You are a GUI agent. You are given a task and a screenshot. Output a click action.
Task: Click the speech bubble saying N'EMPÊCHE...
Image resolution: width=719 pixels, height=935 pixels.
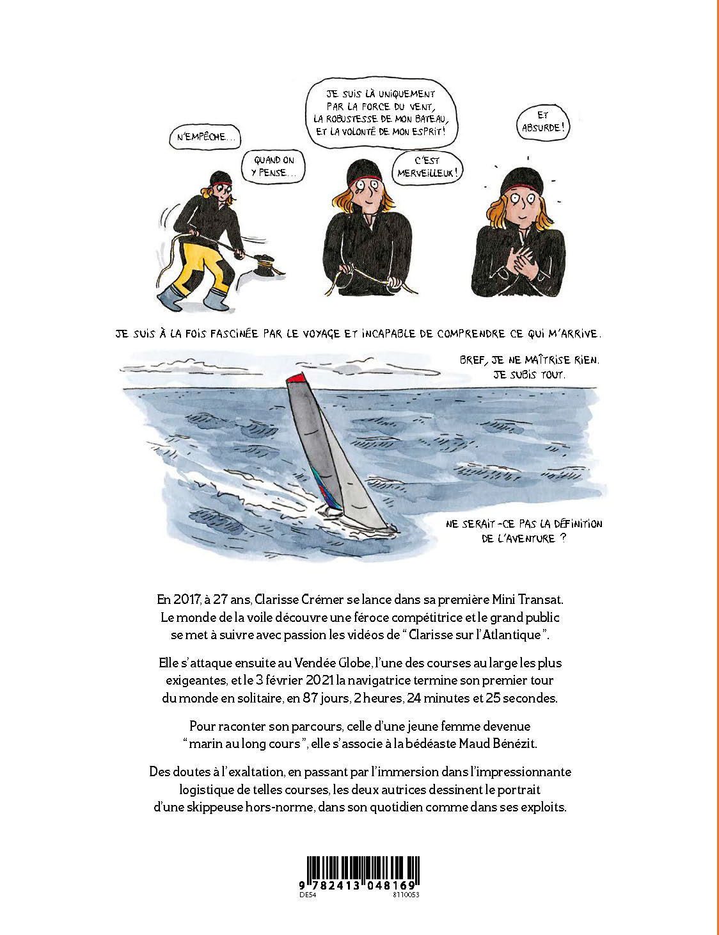(205, 137)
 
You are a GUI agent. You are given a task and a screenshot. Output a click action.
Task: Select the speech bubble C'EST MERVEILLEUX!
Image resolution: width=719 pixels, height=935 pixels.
(427, 167)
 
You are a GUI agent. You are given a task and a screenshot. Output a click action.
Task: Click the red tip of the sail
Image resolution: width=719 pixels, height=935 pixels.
(296, 379)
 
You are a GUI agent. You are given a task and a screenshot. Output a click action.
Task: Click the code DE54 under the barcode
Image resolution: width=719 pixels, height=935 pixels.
(308, 895)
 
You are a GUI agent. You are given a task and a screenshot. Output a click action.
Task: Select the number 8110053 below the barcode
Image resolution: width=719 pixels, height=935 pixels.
(406, 895)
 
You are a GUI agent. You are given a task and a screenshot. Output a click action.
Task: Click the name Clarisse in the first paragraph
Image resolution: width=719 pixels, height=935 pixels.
(276, 601)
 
